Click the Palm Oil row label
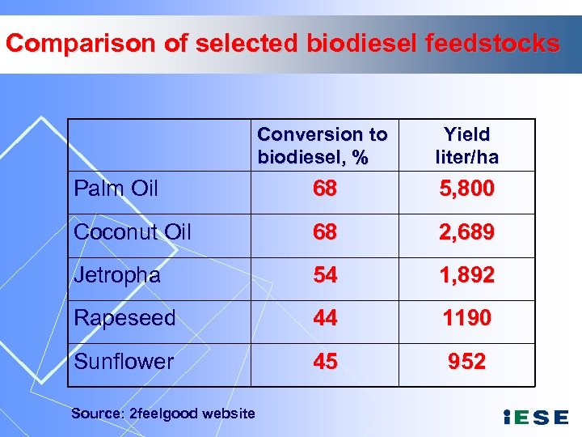pyautogui.click(x=116, y=189)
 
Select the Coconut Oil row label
pyautogui.click(x=133, y=232)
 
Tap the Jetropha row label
pyautogui.click(x=117, y=275)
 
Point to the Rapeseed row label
pyautogui.click(x=124, y=318)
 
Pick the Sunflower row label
pyautogui.click(x=124, y=361)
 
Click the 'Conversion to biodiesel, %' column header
pyautogui.click(x=323, y=146)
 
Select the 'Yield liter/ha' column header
pyautogui.click(x=466, y=146)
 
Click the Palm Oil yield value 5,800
pyautogui.click(x=466, y=189)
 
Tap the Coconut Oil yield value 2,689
pyautogui.click(x=466, y=232)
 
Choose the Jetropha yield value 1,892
pyautogui.click(x=466, y=275)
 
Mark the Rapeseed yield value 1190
pyautogui.click(x=466, y=318)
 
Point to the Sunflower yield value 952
pyautogui.click(x=466, y=361)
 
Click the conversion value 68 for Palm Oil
pyautogui.click(x=325, y=189)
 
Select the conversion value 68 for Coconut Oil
pyautogui.click(x=325, y=232)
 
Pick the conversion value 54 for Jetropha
pyautogui.click(x=325, y=275)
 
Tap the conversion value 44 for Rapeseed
pyautogui.click(x=325, y=318)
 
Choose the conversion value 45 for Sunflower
pyautogui.click(x=325, y=361)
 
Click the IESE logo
pyautogui.click(x=535, y=418)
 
